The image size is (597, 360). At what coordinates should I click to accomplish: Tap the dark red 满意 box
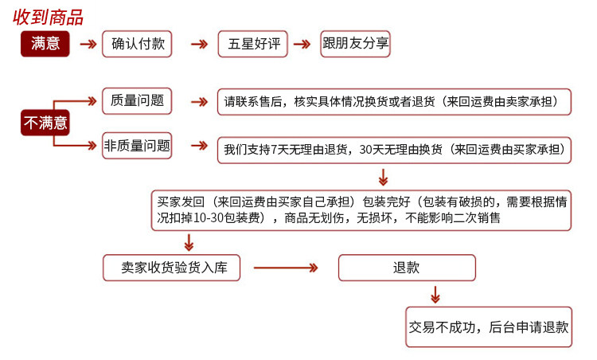click(45, 45)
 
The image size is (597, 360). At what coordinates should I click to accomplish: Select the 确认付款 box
click(138, 44)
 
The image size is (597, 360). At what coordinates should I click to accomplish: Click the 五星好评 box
click(253, 45)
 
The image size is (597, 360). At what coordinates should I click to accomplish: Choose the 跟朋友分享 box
click(355, 44)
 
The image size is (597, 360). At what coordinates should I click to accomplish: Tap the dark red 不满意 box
click(45, 123)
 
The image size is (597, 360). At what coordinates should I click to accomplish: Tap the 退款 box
click(406, 268)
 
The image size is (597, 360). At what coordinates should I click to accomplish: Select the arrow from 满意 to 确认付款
click(88, 45)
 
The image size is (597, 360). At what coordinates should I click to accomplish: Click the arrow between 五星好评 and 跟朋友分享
click(302, 45)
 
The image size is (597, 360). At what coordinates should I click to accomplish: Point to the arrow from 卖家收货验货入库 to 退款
click(287, 268)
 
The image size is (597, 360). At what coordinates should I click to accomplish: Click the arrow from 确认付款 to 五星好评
click(199, 45)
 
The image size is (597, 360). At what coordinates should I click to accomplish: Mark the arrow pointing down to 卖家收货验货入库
click(188, 243)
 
